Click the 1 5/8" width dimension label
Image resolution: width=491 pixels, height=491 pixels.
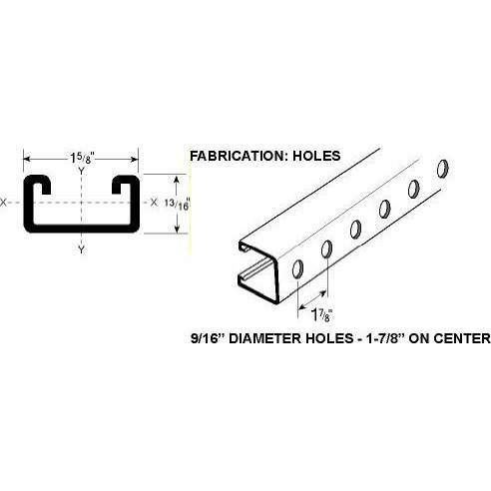point(81,158)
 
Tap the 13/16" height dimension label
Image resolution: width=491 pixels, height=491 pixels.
point(178,204)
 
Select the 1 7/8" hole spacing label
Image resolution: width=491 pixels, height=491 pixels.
point(321,314)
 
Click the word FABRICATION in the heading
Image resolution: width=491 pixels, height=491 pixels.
point(239,156)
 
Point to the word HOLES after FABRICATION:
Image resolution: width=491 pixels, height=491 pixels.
point(316,156)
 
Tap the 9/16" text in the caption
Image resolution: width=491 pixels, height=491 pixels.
point(208,338)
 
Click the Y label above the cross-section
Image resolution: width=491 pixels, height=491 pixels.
point(81,171)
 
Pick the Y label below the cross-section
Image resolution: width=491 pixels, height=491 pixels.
point(81,249)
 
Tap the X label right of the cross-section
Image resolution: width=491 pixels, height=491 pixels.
point(154,202)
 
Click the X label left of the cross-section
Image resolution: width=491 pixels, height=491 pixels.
point(3,202)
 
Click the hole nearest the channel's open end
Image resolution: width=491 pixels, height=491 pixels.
point(297,268)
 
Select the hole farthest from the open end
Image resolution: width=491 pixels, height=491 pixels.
point(442,169)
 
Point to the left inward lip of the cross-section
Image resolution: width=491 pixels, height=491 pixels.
point(42,185)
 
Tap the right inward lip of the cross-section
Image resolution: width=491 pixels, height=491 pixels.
point(120,185)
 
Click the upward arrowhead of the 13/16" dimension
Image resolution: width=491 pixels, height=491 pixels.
point(177,180)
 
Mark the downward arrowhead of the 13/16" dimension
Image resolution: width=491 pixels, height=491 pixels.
point(177,228)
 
